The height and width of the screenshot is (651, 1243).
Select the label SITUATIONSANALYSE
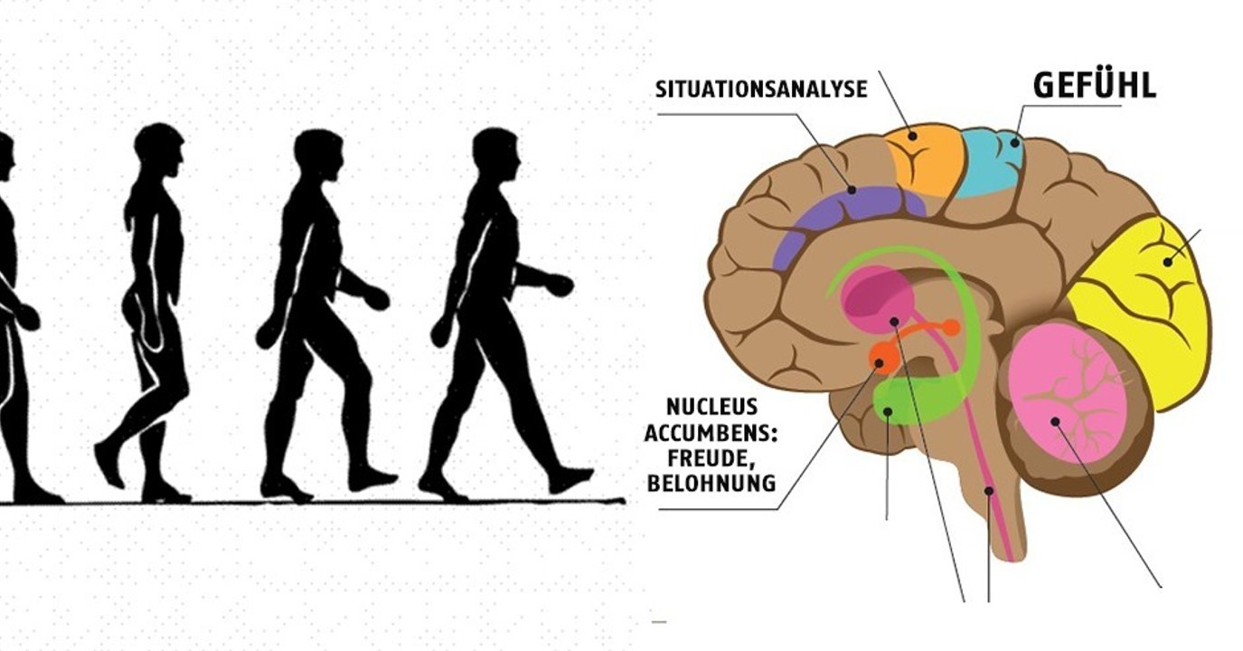click(761, 89)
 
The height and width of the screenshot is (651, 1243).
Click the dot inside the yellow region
click(1167, 262)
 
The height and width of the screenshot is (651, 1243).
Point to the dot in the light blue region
click(1014, 141)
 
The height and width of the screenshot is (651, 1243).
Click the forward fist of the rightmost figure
click(560, 286)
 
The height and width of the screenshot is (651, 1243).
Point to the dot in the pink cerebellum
click(1054, 420)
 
